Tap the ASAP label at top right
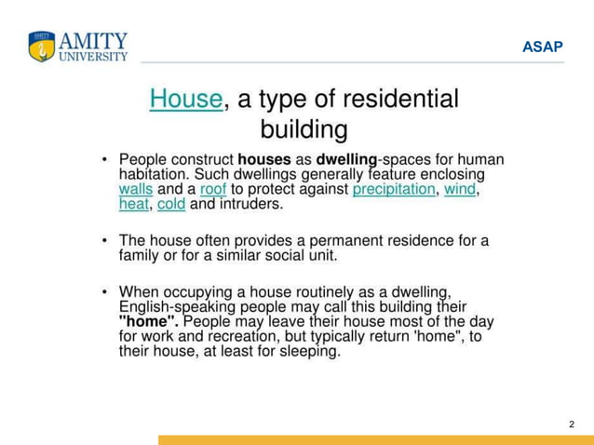tap(542, 47)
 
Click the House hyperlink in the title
tap(186, 99)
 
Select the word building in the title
tap(304, 128)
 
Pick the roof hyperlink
tap(213, 189)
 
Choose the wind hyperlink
tap(460, 189)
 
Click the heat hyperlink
tap(134, 204)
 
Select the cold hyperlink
tap(171, 204)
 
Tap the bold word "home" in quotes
tap(149, 320)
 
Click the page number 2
tap(572, 425)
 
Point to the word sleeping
tap(311, 352)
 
